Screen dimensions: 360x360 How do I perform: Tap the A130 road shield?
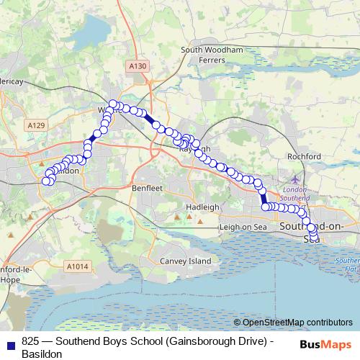139,66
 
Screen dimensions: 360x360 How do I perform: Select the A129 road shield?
37,125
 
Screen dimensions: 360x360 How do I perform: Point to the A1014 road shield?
77,267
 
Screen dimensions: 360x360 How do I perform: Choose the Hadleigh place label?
202,207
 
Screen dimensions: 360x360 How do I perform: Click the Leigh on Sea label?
243,228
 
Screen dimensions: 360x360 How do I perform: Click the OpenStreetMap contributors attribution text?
297,323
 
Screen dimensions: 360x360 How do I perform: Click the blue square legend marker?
11,343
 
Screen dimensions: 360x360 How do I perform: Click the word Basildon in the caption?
42,354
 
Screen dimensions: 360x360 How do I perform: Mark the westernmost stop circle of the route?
46,181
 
